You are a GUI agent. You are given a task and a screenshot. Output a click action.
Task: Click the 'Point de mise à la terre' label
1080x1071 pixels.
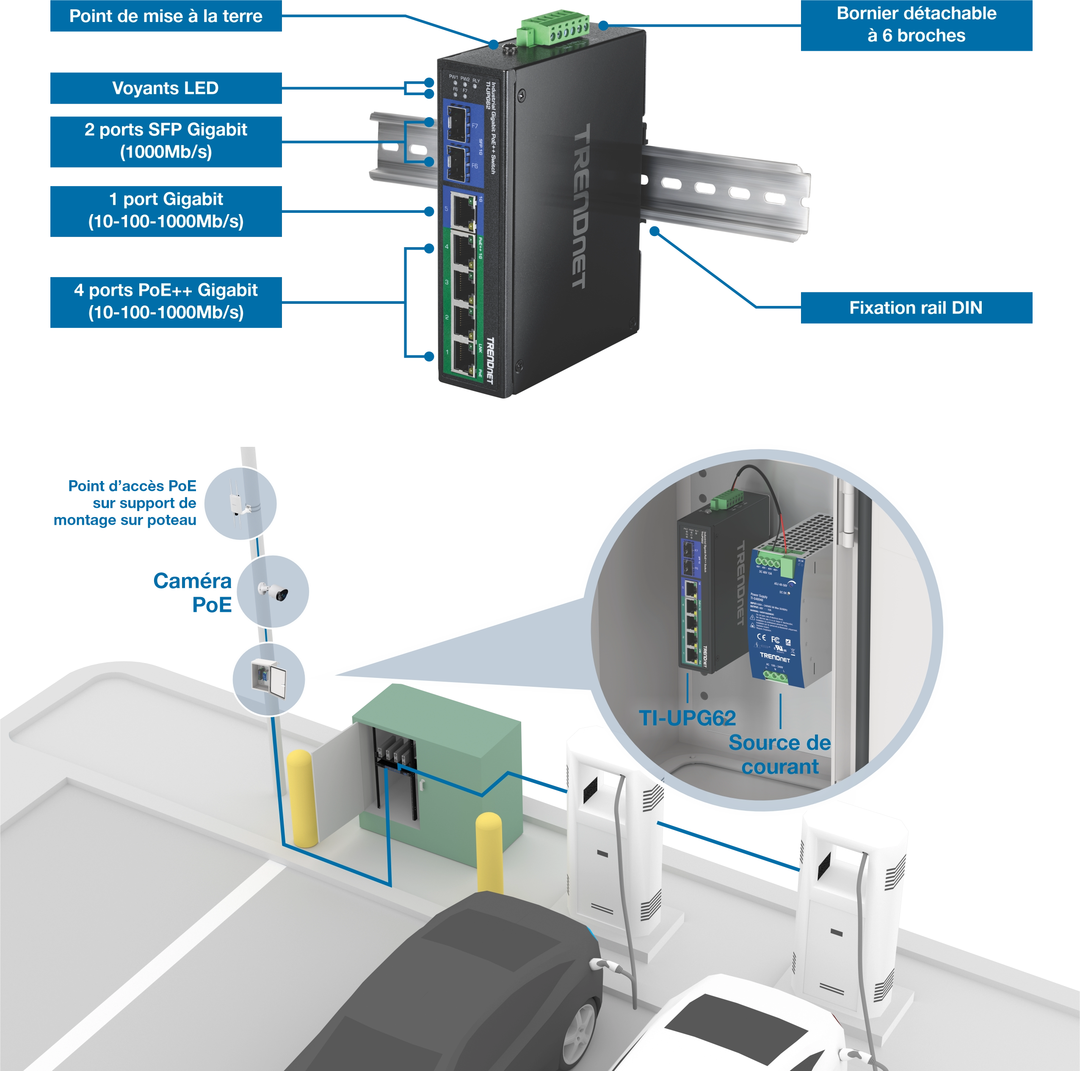166,16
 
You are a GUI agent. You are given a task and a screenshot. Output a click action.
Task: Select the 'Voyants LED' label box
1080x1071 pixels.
166,89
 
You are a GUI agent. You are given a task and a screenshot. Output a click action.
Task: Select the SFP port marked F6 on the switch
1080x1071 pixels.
457,164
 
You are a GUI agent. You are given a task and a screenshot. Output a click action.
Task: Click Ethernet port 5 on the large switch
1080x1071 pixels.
463,209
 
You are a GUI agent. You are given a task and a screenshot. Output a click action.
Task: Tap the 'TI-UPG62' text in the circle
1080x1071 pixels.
687,718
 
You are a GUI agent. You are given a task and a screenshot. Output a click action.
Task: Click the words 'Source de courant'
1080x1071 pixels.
779,754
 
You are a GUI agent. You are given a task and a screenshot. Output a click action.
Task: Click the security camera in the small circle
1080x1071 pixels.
274,591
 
